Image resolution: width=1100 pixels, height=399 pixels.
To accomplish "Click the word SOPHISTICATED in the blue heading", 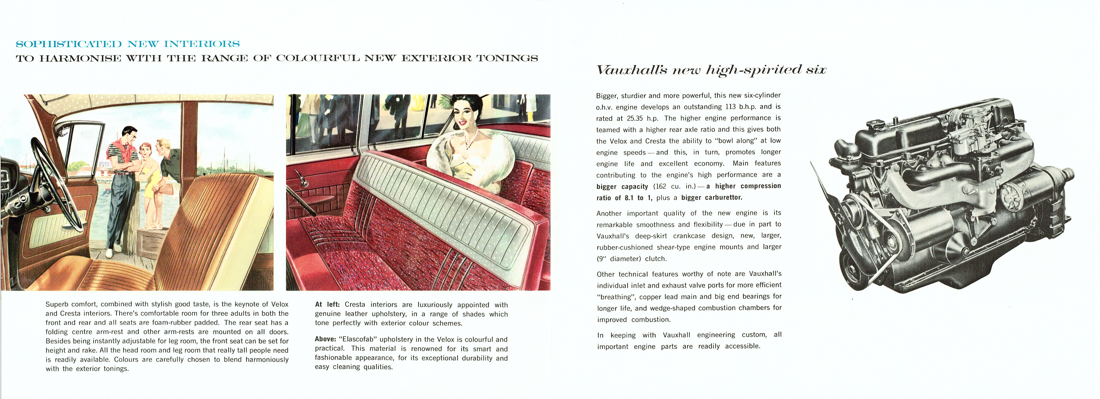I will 68,44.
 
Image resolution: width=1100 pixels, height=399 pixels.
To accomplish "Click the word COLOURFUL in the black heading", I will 318,58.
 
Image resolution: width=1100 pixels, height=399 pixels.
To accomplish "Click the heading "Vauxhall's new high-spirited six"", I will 711,70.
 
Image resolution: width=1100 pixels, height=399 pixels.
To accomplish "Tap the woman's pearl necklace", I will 471,139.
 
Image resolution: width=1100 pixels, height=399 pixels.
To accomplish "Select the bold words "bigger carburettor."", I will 711,197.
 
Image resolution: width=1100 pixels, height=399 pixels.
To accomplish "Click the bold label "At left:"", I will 327,305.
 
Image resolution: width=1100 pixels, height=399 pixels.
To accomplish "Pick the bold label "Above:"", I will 325,339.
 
